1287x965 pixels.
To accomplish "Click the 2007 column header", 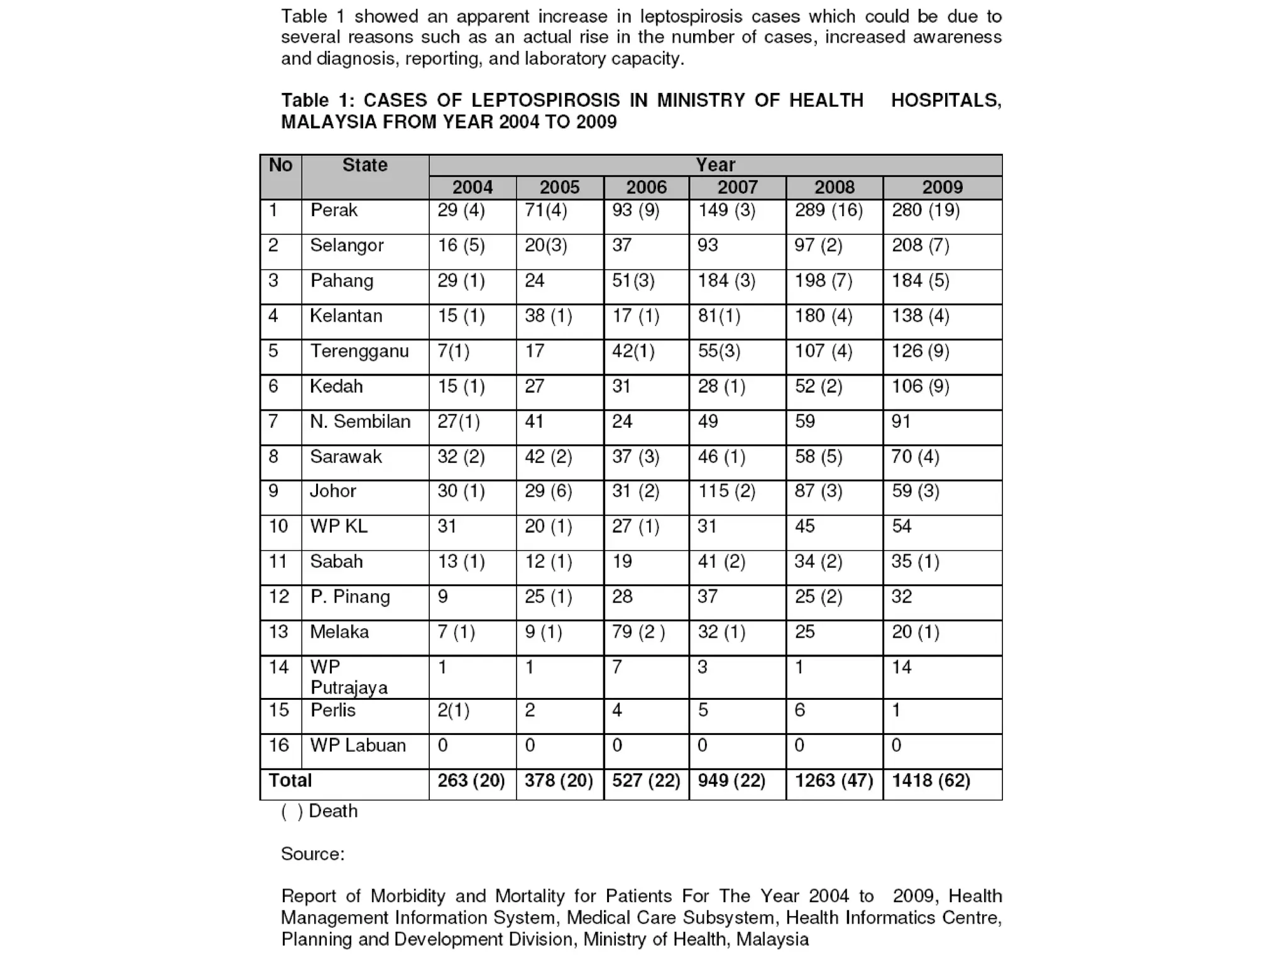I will click(x=737, y=187).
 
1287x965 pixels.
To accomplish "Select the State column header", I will click(x=364, y=165).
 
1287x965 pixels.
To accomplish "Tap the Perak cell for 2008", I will click(x=828, y=210).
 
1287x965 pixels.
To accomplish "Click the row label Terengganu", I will click(x=359, y=351).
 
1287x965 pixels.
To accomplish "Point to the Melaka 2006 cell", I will click(x=638, y=631).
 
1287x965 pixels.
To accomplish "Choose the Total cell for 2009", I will click(x=931, y=780).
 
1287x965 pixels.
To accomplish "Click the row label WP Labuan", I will click(x=358, y=745).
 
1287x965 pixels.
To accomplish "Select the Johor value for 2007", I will click(x=726, y=491).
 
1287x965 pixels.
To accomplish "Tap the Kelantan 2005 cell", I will click(x=548, y=315).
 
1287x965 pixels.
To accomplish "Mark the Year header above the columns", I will click(x=715, y=165).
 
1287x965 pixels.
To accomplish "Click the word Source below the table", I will click(x=312, y=854).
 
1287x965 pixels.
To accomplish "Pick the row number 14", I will click(x=278, y=667).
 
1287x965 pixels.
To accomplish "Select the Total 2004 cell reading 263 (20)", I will click(x=471, y=780).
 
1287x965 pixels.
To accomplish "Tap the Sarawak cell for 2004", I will click(x=461, y=456).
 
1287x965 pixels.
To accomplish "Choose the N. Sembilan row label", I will click(x=359, y=421).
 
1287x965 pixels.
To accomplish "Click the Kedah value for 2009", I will click(x=920, y=386).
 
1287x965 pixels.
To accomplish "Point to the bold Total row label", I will click(x=290, y=780).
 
